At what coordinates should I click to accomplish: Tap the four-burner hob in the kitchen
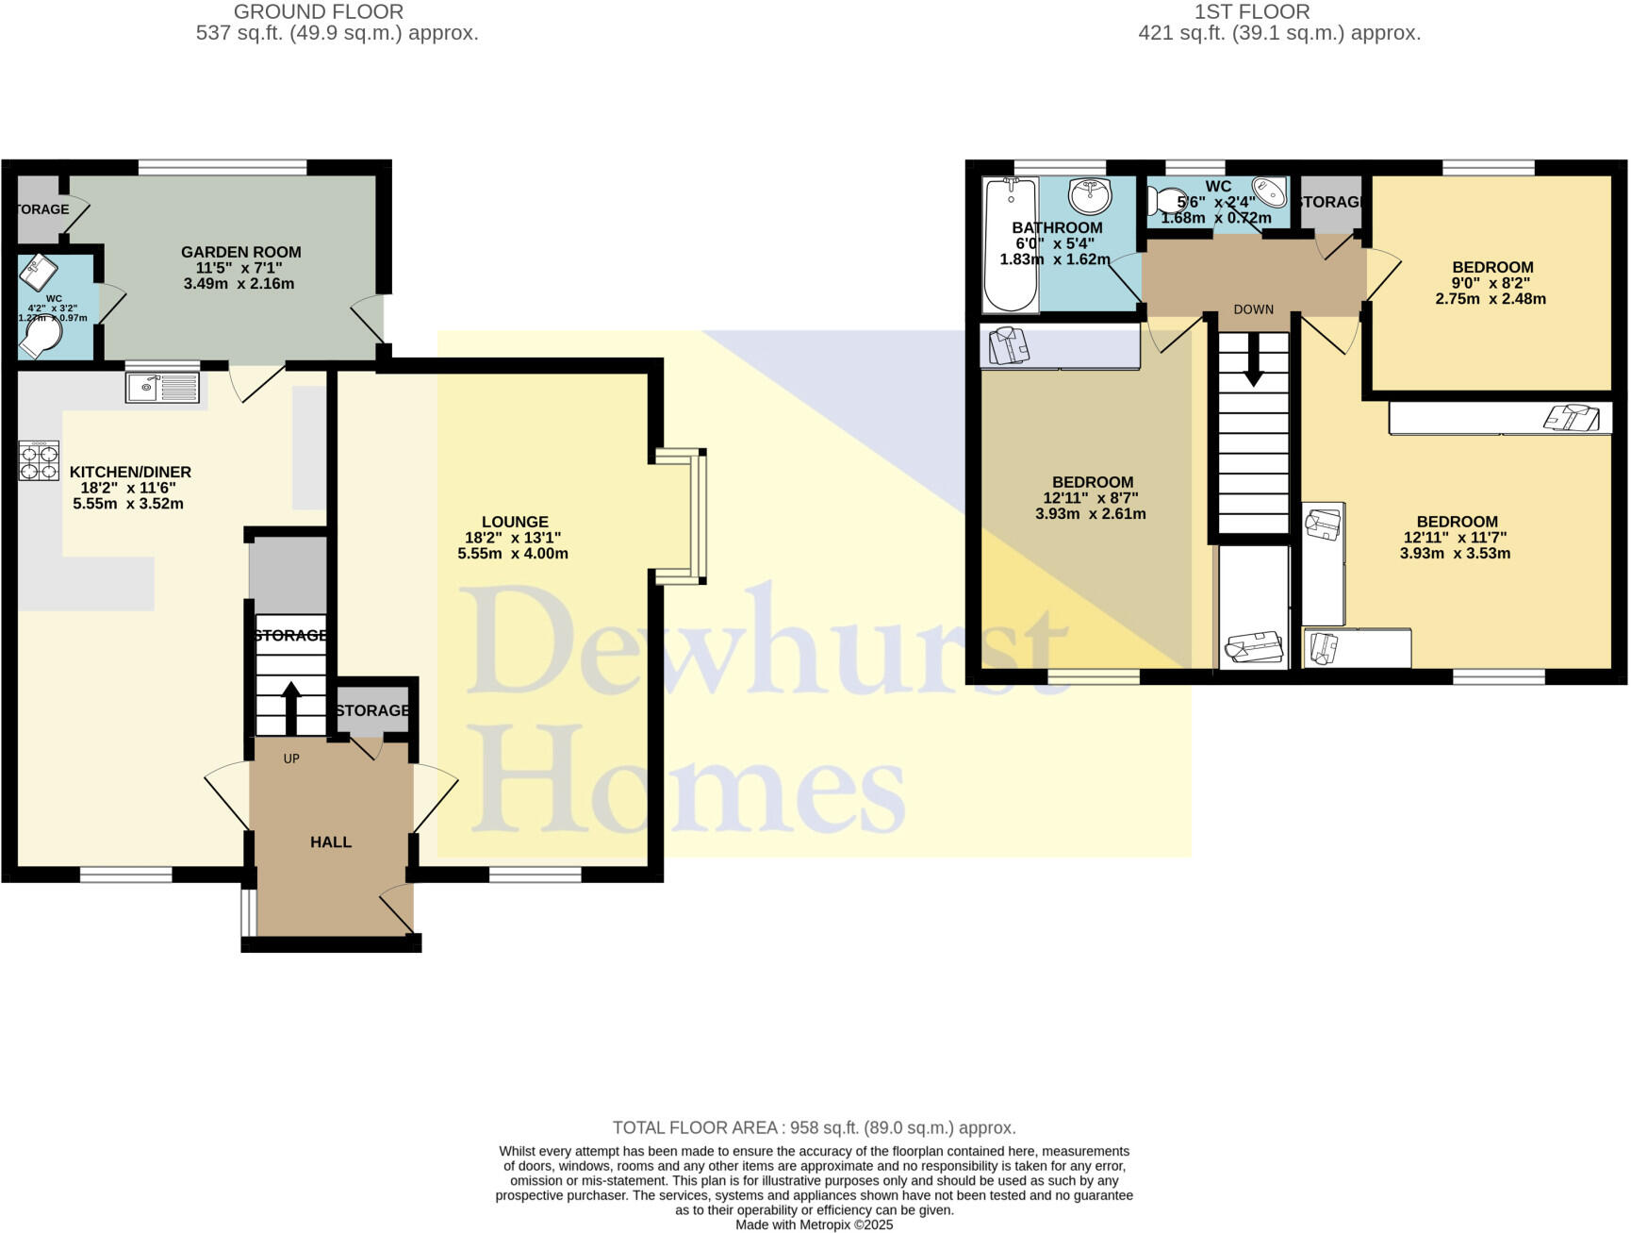point(39,461)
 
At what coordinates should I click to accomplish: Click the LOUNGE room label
point(514,522)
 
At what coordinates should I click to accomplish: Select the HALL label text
point(331,841)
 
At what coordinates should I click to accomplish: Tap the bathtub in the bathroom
point(1010,244)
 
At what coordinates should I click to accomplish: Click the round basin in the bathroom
point(1090,197)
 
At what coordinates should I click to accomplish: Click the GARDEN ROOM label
point(240,252)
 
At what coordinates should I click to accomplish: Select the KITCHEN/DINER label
point(130,472)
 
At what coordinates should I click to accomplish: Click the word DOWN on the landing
point(1253,309)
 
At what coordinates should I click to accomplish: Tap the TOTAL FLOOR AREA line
point(814,1127)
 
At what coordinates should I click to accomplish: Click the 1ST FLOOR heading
point(1251,12)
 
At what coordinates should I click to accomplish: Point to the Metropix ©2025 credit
point(814,1225)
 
